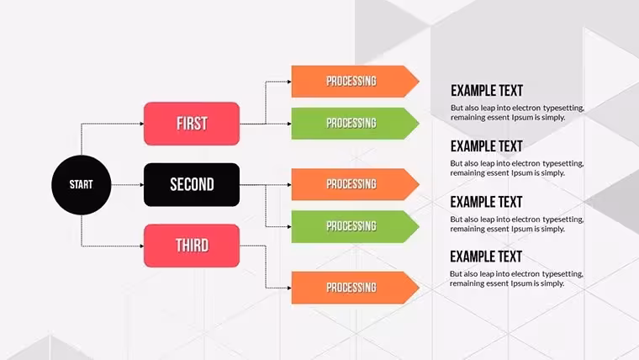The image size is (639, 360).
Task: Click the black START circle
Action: [x=81, y=185]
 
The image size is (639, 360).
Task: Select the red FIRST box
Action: [x=192, y=124]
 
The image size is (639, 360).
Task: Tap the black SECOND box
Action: [x=192, y=185]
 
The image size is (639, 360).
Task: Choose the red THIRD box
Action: [x=192, y=246]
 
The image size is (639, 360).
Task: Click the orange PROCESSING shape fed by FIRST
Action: [x=355, y=82]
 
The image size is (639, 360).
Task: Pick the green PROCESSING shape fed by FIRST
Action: [x=355, y=124]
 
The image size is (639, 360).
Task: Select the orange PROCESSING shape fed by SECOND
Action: [x=355, y=184]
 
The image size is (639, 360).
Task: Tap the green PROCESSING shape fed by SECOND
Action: [x=355, y=226]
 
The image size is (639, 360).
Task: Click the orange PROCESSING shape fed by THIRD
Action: [x=355, y=288]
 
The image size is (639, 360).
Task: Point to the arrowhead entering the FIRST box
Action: [x=142, y=124]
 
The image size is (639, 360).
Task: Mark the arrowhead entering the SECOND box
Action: [x=142, y=185]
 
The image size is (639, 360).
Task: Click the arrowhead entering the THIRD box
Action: [x=142, y=246]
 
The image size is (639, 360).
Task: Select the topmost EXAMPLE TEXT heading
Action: [x=487, y=91]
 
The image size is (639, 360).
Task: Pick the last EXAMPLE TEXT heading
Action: [x=486, y=257]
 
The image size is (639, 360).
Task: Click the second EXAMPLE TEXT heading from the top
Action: [x=487, y=146]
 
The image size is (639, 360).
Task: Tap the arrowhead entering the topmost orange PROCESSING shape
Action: [x=289, y=82]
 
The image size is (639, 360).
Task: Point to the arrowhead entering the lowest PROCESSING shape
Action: [x=289, y=288]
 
